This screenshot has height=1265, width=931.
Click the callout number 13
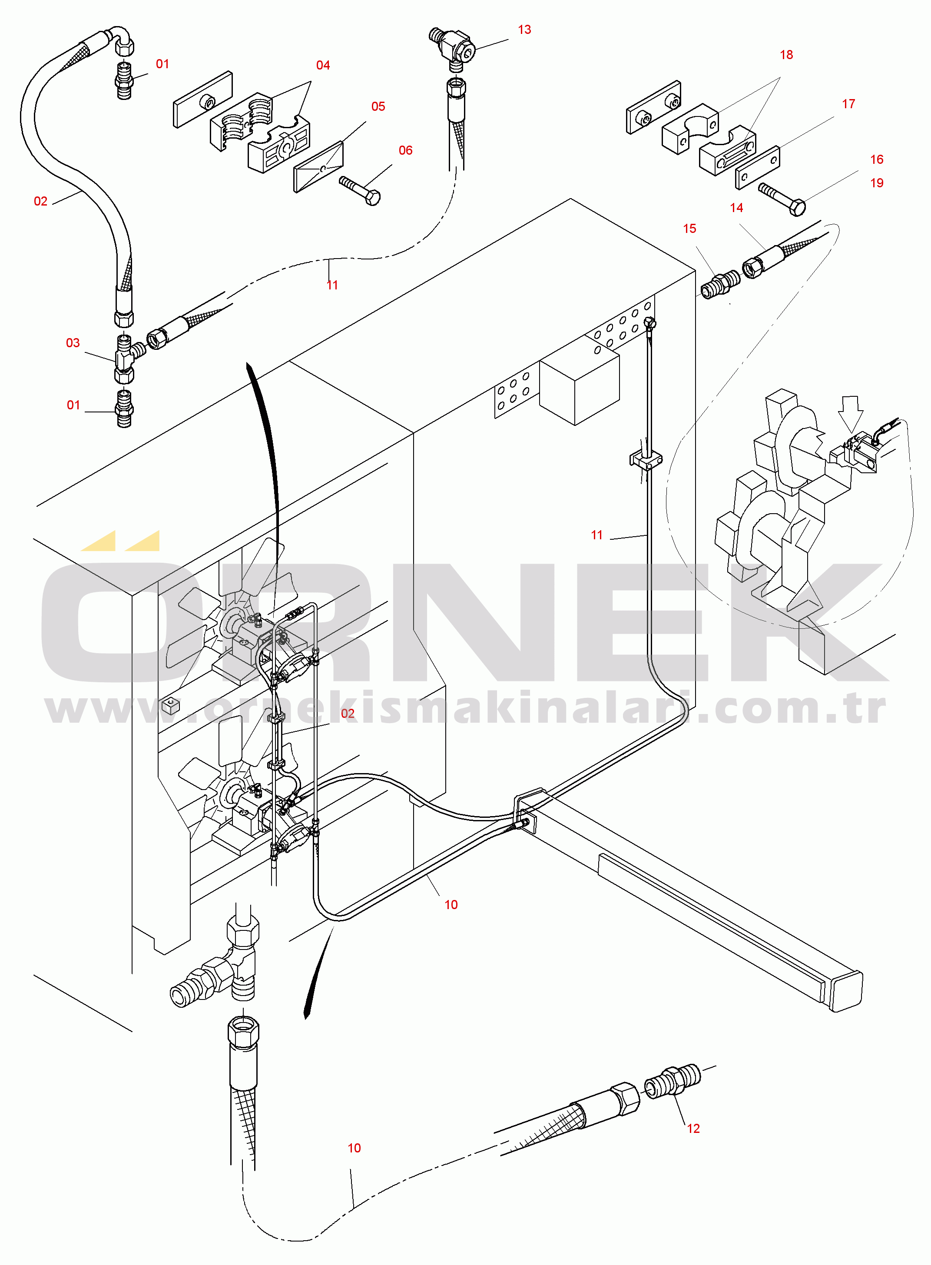click(524, 30)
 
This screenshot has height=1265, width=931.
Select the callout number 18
click(786, 55)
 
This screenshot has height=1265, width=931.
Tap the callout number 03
click(73, 343)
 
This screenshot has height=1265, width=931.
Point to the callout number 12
click(693, 1129)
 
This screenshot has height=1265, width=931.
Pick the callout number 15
click(689, 228)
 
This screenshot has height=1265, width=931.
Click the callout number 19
click(876, 183)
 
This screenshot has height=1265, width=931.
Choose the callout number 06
click(405, 150)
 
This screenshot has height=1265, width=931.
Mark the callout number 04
click(323, 65)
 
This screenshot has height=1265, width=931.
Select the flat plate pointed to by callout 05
click(318, 167)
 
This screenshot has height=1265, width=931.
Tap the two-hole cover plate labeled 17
click(758, 167)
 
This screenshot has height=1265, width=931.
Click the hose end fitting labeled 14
click(764, 260)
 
